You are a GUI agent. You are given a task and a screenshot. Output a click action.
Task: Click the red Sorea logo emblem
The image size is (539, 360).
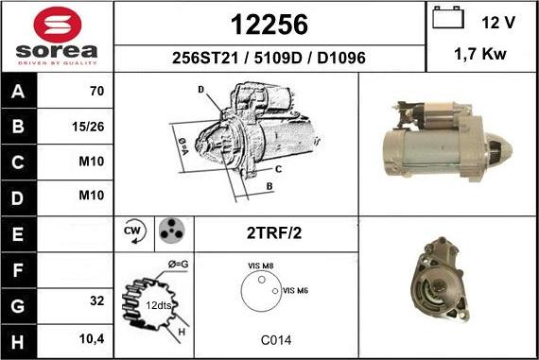tap(58, 25)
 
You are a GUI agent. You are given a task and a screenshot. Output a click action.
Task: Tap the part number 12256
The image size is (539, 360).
tap(269, 25)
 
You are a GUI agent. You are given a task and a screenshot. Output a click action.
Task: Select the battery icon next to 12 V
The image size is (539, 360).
tap(448, 17)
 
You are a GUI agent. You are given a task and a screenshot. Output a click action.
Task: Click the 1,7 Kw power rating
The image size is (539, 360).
tap(480, 54)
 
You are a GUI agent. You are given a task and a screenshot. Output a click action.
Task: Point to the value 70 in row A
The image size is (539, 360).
tap(97, 91)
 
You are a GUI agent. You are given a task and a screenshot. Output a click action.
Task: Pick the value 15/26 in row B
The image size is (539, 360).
tap(88, 127)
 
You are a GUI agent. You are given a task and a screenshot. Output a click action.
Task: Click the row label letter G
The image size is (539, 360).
tap(18, 306)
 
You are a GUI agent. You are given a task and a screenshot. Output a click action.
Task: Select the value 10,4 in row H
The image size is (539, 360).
tap(92, 339)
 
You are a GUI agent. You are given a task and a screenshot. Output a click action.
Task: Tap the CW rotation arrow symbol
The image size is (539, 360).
tap(134, 231)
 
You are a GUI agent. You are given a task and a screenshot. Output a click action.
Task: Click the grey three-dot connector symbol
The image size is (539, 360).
tap(171, 231)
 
